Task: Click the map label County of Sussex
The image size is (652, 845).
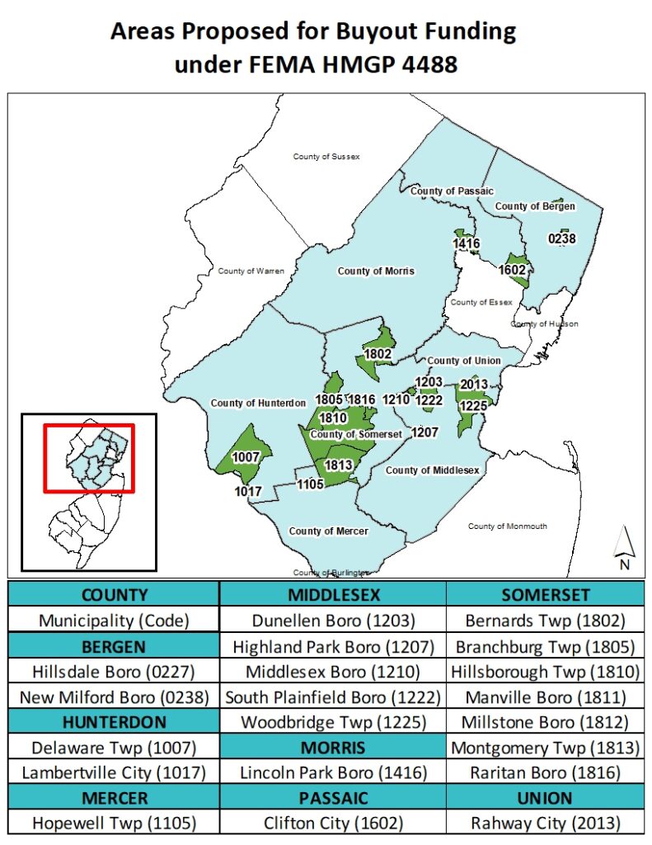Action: tap(326, 156)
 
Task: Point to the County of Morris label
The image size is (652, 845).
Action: tap(376, 271)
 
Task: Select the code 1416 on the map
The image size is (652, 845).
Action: tap(466, 243)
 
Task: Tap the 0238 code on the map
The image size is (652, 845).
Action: tap(561, 239)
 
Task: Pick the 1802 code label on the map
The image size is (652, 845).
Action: tap(378, 354)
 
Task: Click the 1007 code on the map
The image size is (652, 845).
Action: tap(246, 457)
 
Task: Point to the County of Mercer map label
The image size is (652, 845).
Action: tap(328, 531)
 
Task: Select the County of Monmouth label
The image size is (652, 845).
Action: tap(507, 526)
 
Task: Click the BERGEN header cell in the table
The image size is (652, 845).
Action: tap(114, 644)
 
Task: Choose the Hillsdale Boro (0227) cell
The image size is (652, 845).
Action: tap(114, 671)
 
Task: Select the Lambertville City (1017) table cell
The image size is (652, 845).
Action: tap(114, 773)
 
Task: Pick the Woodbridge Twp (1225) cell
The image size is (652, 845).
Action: tap(333, 722)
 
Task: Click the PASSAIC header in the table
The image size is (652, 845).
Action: tap(333, 798)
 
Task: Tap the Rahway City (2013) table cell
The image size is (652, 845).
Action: tap(545, 823)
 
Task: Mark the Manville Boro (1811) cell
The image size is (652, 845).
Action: tap(545, 696)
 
